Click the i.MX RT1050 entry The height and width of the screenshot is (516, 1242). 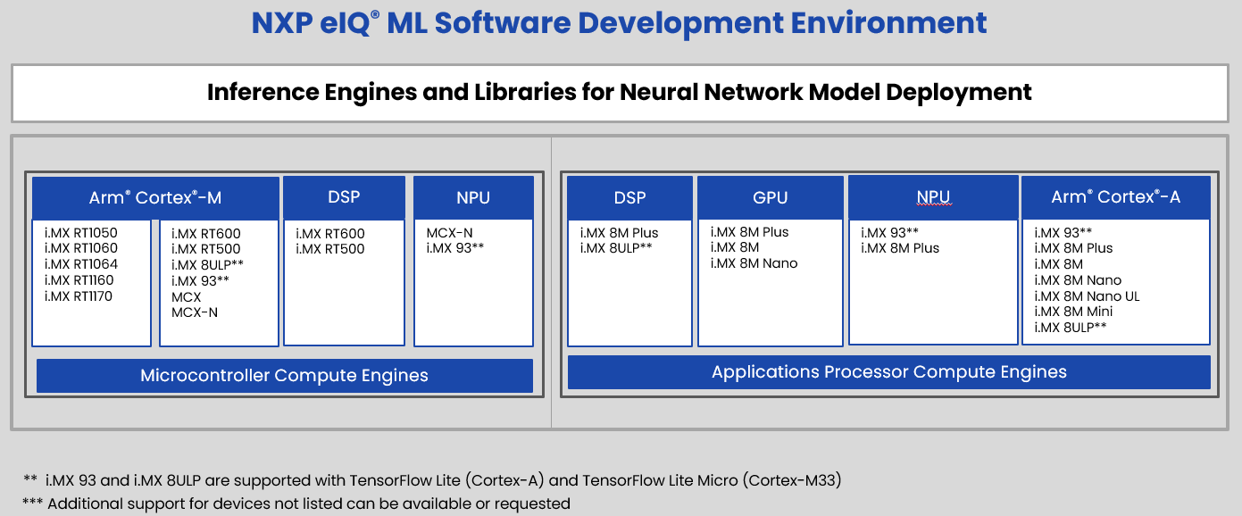[81, 233]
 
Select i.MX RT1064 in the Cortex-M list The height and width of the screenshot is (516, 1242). [81, 264]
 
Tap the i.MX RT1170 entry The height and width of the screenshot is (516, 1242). [79, 296]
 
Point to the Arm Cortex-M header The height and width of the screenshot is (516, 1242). [155, 198]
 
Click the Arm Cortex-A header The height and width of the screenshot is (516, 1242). [1115, 197]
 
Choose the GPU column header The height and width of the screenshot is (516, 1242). [771, 198]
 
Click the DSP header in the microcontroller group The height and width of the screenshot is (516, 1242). [344, 197]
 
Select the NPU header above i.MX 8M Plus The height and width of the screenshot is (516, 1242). [933, 197]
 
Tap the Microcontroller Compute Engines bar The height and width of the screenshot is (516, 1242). [285, 375]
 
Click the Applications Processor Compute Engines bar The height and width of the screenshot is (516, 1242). [888, 372]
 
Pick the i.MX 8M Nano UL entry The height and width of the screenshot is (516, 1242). [1087, 296]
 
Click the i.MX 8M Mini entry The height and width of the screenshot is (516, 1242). [1073, 312]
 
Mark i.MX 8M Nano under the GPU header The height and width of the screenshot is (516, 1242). [754, 263]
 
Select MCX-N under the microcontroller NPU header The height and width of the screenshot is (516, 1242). [450, 233]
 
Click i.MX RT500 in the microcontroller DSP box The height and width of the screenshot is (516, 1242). [329, 249]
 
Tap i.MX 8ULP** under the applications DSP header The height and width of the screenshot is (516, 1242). [616, 248]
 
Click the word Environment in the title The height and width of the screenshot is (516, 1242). [888, 23]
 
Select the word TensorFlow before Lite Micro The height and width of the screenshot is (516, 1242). [619, 480]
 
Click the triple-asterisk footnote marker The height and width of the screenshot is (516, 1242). [32, 502]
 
